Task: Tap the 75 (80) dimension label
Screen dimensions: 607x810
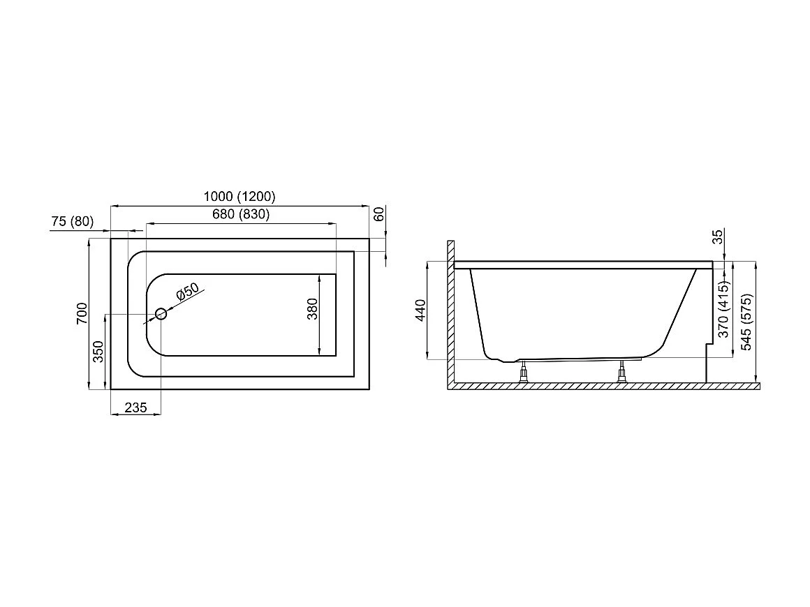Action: coord(73,222)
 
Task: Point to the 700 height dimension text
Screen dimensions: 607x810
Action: coord(82,313)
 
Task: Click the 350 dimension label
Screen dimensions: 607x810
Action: coord(98,352)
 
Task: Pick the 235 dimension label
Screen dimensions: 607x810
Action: coord(135,408)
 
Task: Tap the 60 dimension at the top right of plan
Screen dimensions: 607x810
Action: coord(379,215)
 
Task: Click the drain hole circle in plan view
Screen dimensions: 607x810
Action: coord(161,314)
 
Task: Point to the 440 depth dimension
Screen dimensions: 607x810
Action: coord(420,310)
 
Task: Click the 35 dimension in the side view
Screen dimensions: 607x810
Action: coord(717,237)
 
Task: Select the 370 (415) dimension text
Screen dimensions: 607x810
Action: coord(724,308)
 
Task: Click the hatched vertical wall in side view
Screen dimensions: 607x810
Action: coord(451,314)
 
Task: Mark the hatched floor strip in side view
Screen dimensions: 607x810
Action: coord(607,386)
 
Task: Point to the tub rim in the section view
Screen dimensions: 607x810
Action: coord(583,265)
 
